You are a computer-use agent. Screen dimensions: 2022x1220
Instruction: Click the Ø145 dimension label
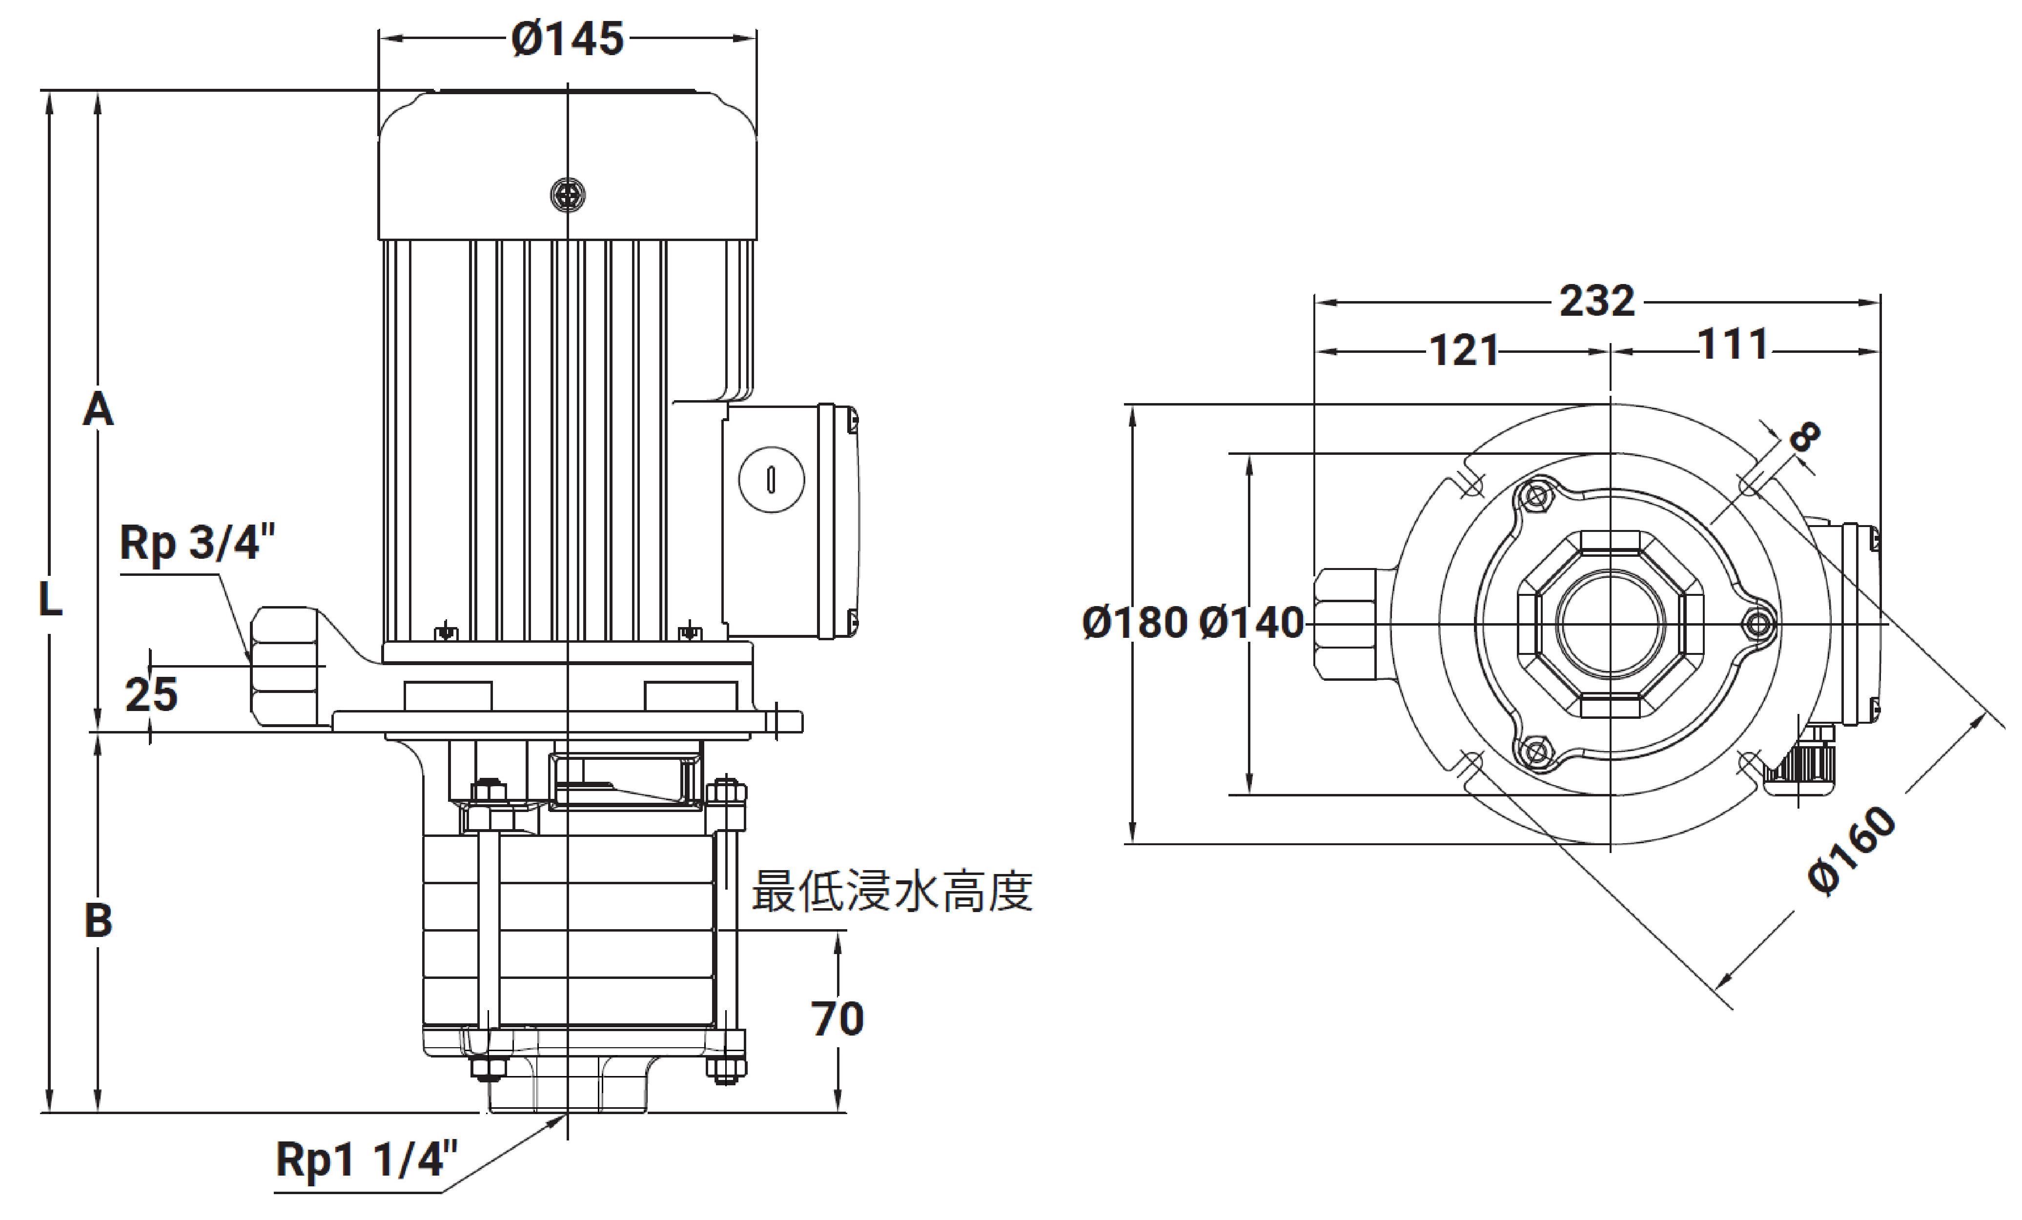(567, 39)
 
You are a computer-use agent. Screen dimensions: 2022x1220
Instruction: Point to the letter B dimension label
(99, 920)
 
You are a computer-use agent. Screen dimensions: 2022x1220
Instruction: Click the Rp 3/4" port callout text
(197, 542)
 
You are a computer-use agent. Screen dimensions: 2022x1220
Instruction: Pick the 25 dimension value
(151, 694)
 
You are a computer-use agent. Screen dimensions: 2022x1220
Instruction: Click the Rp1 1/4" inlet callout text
(366, 1160)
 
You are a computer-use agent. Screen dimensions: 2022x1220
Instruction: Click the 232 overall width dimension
(1597, 301)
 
